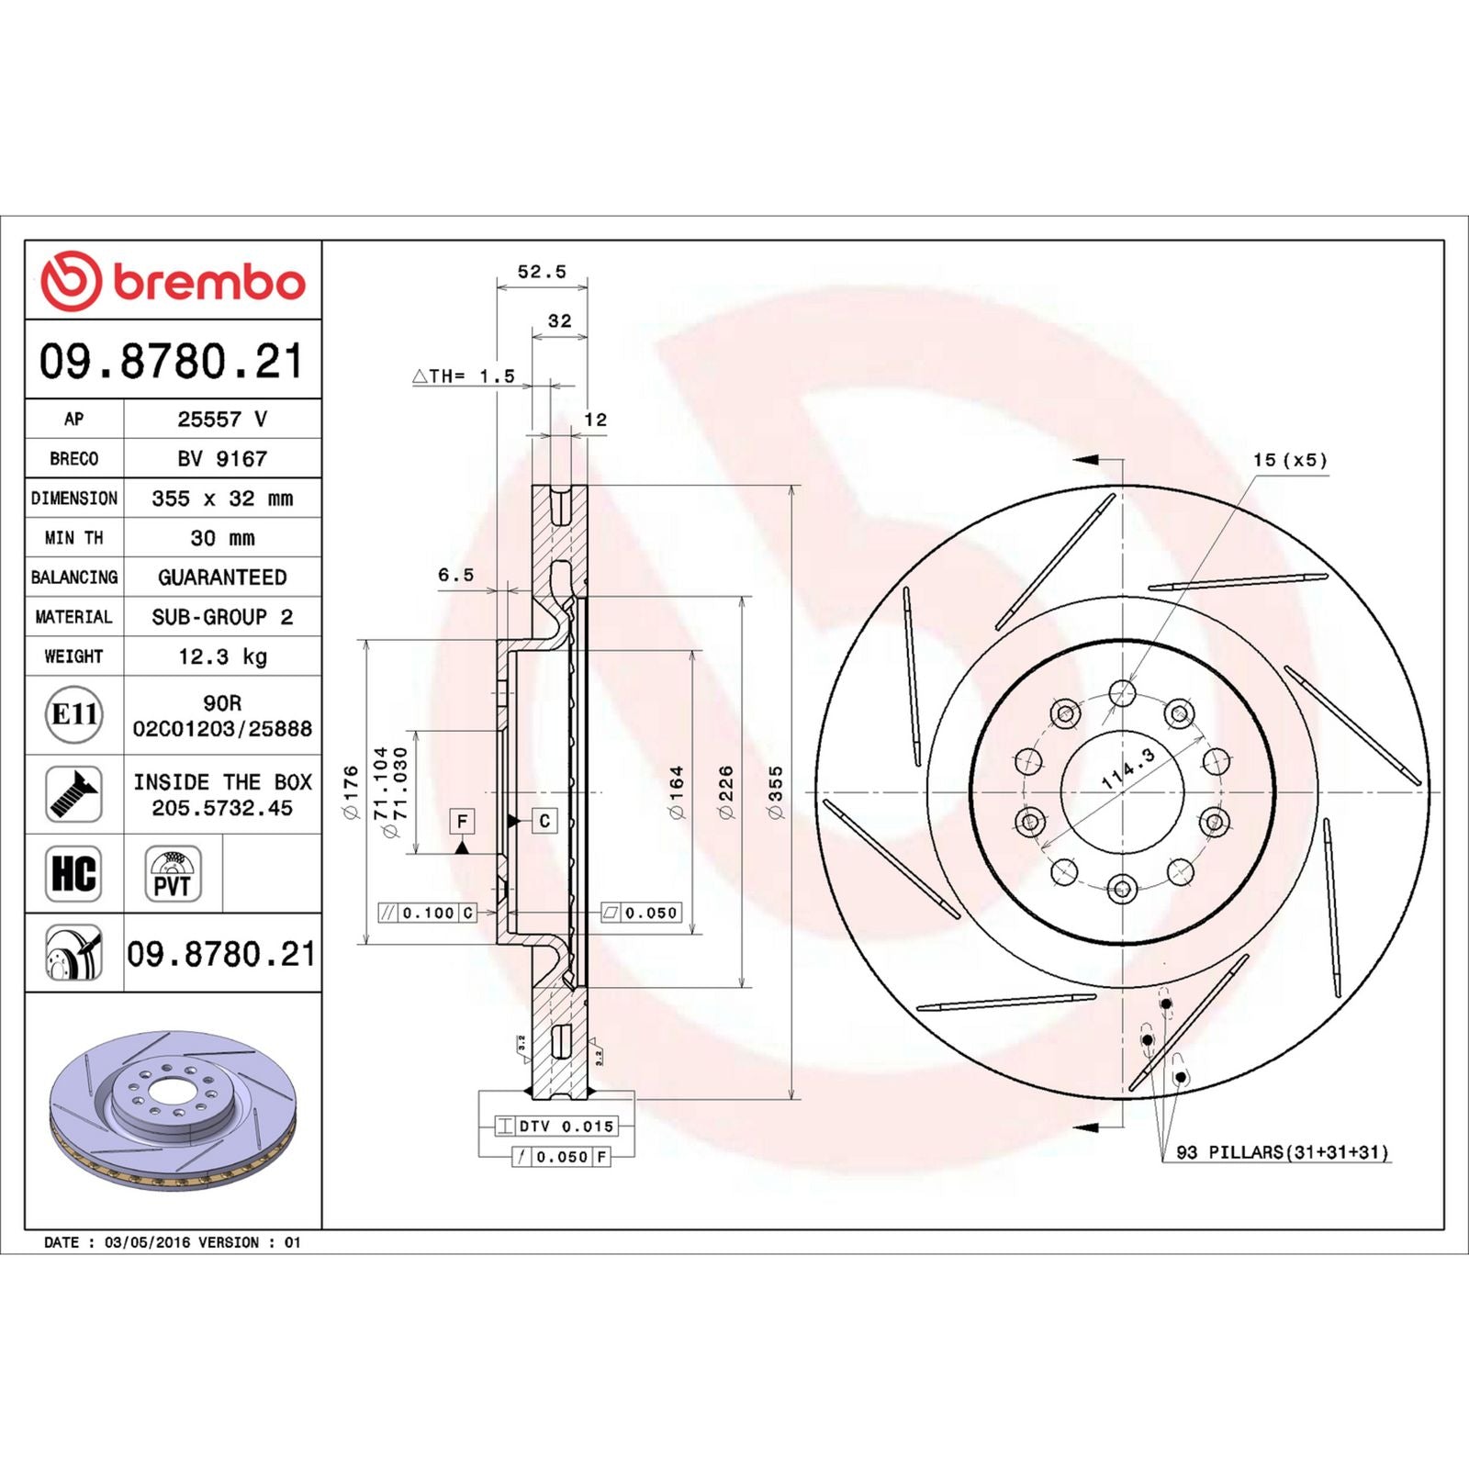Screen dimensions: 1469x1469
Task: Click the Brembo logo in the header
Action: coord(173,281)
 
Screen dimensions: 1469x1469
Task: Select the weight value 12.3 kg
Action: coord(222,656)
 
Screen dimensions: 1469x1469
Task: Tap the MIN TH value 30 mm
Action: coord(222,538)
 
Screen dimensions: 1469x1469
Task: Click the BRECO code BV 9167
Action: coord(222,458)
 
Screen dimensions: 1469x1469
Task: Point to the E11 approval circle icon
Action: coord(74,714)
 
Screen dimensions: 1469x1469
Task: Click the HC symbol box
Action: coord(73,873)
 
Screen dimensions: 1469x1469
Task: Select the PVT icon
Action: coord(173,874)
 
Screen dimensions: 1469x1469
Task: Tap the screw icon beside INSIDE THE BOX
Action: coord(73,794)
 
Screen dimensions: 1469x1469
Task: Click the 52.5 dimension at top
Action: coord(542,272)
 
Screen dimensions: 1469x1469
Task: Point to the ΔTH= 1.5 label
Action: coord(464,376)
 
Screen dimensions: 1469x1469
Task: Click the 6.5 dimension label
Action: coord(455,576)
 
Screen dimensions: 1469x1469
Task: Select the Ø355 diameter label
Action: coord(776,792)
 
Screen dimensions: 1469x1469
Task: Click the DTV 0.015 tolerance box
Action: coord(556,1126)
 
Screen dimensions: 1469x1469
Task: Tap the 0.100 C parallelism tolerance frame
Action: coord(428,913)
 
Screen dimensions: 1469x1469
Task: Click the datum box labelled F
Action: coord(462,821)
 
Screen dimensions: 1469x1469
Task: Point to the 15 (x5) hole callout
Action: coord(1290,460)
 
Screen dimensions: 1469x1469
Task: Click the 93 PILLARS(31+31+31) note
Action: coord(1283,1152)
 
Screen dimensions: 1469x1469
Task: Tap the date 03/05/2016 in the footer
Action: coord(148,1242)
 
